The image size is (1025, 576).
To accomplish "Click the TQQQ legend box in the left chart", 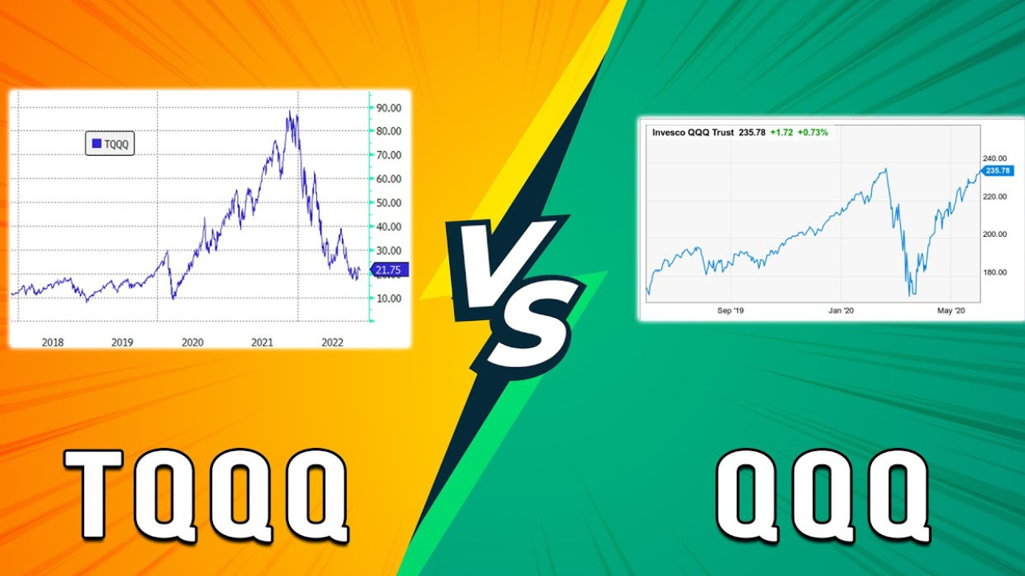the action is pos(110,143).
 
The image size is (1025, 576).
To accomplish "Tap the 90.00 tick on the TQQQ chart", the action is pos(388,108).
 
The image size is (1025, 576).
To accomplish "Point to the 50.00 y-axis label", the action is pos(388,202).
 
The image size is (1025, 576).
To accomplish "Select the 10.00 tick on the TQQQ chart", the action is pos(388,298).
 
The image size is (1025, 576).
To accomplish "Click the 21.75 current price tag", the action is pos(388,270).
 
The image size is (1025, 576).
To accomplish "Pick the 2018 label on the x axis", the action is pos(53,342).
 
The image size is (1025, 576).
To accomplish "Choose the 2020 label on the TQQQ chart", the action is pos(192,342).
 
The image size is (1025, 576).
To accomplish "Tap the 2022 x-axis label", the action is pos(332,342).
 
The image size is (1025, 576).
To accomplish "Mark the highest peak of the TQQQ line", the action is pos(289,110).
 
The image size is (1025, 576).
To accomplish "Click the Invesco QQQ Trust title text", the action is pos(693,133).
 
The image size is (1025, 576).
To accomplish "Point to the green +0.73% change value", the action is pos(813,133).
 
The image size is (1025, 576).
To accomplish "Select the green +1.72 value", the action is pos(782,133).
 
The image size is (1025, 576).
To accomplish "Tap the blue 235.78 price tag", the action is pos(997,170).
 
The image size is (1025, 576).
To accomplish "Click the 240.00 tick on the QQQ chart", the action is pos(995,158).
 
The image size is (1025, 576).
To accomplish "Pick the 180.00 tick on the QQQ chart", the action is pos(995,272).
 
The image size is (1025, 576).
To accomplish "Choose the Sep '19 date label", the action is pos(730,310).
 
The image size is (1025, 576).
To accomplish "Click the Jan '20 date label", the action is pos(841,310).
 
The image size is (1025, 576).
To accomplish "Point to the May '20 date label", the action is pos(951,310).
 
